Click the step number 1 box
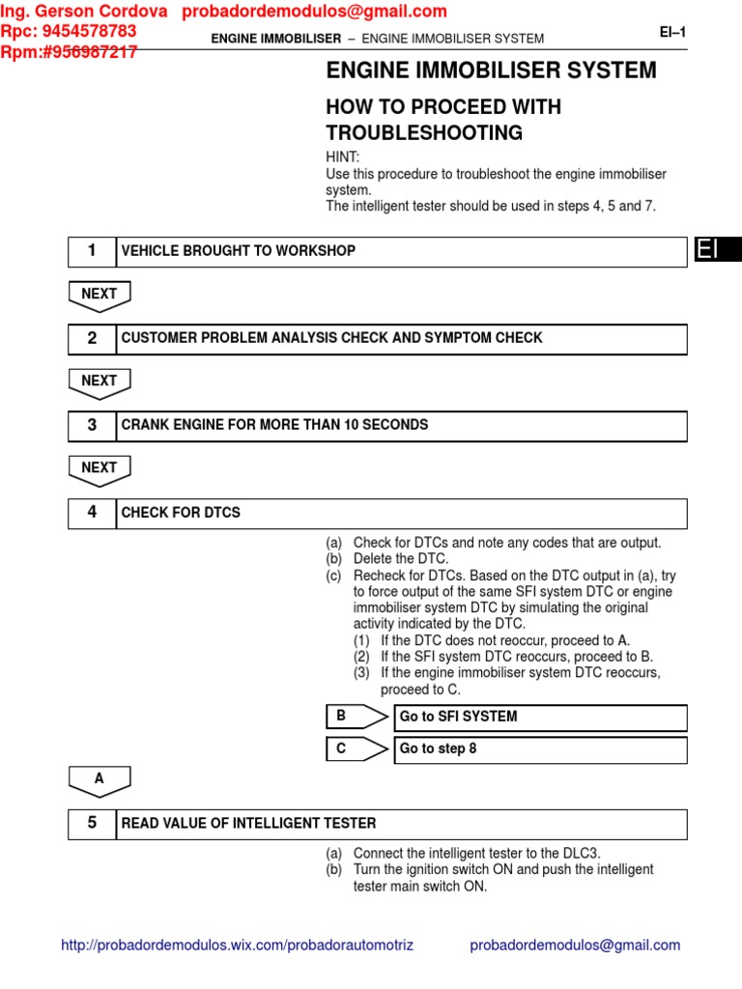[92, 251]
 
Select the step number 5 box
[92, 824]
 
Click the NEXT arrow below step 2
[100, 382]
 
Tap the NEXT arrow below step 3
[100, 469]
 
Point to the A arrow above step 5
[100, 780]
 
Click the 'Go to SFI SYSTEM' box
[540, 718]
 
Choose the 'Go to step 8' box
[540, 749]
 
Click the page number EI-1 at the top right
[672, 32]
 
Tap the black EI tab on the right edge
[717, 250]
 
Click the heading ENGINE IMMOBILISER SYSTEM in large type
[491, 71]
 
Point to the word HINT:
[343, 157]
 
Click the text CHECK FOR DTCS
[181, 513]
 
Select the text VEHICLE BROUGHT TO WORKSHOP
[238, 251]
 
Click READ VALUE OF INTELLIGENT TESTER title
[248, 824]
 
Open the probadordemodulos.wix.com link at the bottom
[237, 946]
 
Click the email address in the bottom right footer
[575, 946]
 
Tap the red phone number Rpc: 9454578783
[69, 31]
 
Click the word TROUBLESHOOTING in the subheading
[424, 133]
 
